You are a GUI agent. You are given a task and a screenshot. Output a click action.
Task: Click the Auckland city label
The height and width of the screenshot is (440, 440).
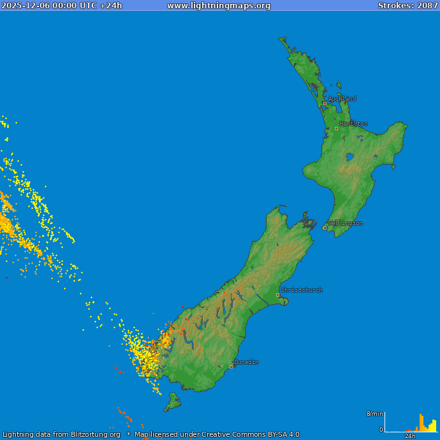pos(342,99)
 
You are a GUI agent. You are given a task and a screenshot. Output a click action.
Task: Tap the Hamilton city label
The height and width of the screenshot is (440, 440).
pos(353,124)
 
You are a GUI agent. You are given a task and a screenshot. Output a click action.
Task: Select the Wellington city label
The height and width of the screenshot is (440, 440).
pos(345,223)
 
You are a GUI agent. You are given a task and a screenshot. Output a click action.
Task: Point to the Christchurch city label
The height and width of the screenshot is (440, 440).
pos(302,290)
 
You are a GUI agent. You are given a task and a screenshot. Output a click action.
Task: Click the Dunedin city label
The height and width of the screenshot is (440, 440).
pos(246,362)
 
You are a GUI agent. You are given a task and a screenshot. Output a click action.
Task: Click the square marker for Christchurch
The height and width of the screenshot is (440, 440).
pos(277,295)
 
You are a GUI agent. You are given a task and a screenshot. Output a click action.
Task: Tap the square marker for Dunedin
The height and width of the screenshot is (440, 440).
pos(231,367)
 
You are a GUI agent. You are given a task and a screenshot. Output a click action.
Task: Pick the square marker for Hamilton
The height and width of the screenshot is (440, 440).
pos(336,128)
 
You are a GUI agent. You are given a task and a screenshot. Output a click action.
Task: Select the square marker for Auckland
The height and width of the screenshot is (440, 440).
pos(325,103)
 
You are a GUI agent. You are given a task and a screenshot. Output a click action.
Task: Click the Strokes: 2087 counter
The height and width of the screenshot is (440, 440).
pos(407,6)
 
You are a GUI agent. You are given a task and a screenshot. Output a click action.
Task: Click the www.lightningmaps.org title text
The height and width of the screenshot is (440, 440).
pos(219,6)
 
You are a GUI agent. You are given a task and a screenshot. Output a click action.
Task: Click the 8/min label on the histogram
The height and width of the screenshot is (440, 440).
pos(375,414)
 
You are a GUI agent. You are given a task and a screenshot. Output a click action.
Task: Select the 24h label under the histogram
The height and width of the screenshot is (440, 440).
pos(410,436)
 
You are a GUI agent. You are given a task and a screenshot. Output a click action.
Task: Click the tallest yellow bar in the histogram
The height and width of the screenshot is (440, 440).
pos(421,423)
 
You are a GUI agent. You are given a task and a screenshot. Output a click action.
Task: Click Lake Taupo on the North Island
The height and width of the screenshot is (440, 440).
pos(349,156)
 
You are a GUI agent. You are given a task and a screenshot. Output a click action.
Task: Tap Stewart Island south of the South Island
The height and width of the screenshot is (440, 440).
pos(172,402)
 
